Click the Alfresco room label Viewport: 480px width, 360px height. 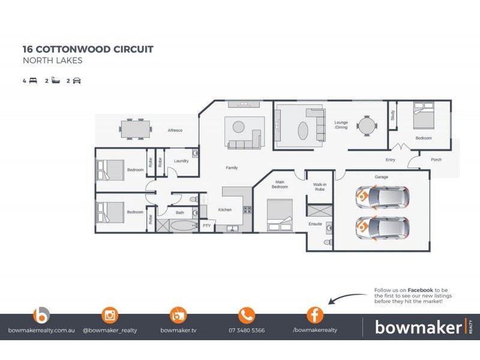tap(175, 130)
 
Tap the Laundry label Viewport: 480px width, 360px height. tap(181, 161)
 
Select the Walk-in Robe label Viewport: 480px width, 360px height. tap(320, 187)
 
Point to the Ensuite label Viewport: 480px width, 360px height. tap(316, 224)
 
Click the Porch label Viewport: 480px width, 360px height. tap(436, 160)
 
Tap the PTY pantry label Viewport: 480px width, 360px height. tap(207, 226)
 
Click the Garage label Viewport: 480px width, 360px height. tap(382, 177)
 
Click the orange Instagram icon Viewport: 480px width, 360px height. tap(110, 315)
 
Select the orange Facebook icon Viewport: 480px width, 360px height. tap(315, 315)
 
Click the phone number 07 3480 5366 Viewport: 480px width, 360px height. tap(247, 331)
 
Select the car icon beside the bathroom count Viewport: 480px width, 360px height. tap(76, 80)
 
